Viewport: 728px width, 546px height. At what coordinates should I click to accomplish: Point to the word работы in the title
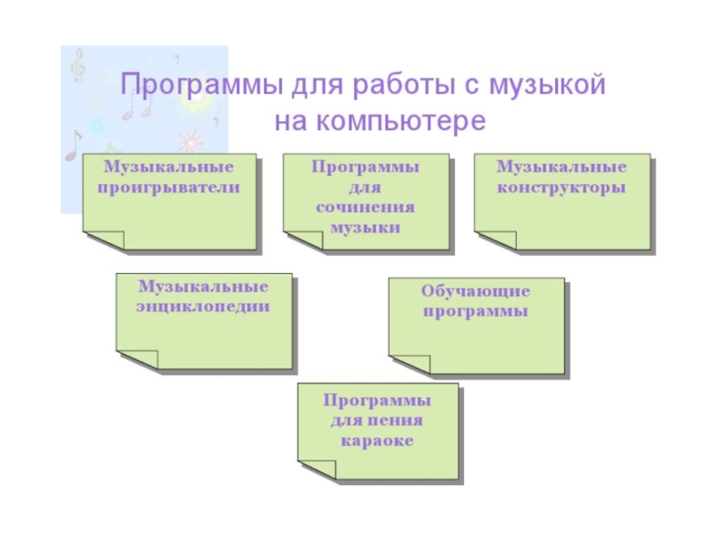(x=403, y=86)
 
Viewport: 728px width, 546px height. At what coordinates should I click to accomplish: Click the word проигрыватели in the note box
(x=169, y=187)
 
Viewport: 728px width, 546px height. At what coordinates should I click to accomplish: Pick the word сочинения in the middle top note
(x=365, y=207)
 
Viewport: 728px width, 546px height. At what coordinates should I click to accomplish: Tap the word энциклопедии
(x=203, y=308)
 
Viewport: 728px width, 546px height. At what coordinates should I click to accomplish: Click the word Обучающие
(x=475, y=292)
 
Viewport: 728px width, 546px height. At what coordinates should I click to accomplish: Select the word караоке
(x=378, y=442)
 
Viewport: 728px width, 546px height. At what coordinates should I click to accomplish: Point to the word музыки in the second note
(x=365, y=227)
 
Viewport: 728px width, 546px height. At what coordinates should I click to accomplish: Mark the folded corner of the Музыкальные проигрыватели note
(x=102, y=239)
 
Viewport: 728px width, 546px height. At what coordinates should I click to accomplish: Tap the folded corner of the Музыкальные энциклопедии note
(x=136, y=358)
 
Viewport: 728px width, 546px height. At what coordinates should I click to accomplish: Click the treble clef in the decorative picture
(x=80, y=66)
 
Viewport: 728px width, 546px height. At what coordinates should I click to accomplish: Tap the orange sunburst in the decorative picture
(x=187, y=141)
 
